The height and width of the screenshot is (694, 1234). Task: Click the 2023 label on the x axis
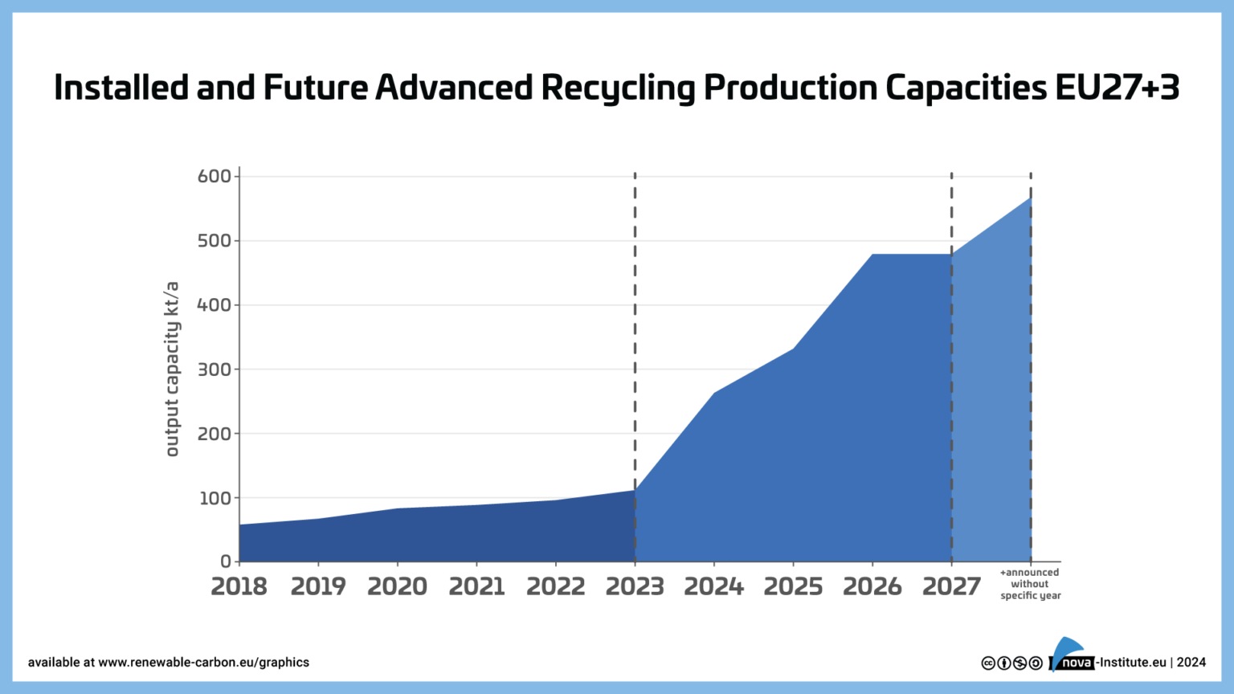tap(635, 587)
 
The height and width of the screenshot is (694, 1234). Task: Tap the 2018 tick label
tap(239, 587)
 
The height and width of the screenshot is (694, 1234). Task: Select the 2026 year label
tap(872, 587)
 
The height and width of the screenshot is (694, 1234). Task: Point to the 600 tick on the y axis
tap(214, 176)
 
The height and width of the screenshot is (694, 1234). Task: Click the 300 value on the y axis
tap(214, 369)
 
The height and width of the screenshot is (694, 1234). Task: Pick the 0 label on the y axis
tap(226, 561)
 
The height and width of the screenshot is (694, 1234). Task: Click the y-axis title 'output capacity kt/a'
tap(172, 369)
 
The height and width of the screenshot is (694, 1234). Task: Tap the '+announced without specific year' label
tap(1030, 584)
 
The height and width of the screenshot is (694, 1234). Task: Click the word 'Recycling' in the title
tap(618, 88)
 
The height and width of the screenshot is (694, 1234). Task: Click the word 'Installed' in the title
tap(121, 88)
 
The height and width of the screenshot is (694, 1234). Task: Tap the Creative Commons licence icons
tap(1011, 663)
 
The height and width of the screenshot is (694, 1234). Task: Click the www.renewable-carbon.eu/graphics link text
tap(203, 663)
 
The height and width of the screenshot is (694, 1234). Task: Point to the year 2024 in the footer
tap(1191, 663)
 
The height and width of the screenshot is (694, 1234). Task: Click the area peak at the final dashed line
tap(1031, 198)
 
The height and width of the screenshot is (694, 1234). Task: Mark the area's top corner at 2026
tap(872, 255)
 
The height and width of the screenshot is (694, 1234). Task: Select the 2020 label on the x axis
tap(397, 587)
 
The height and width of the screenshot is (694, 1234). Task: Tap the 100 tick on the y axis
tap(214, 498)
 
